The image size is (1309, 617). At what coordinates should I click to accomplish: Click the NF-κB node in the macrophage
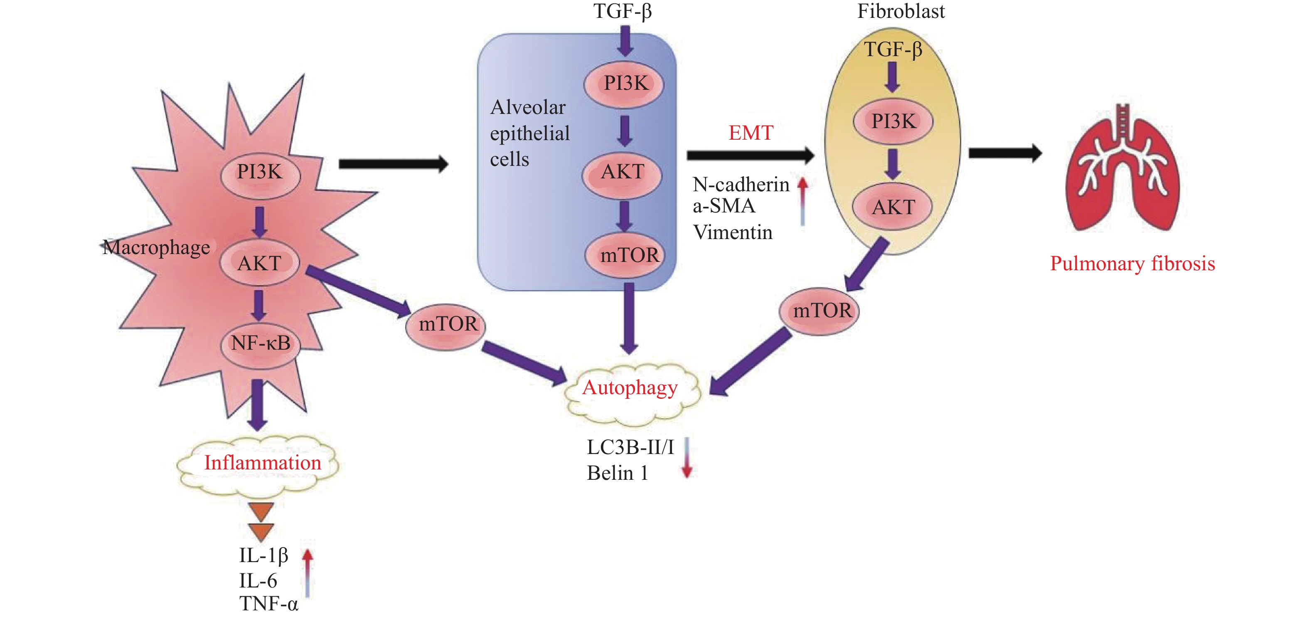(x=261, y=343)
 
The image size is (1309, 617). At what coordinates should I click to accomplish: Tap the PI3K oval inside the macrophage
(x=260, y=172)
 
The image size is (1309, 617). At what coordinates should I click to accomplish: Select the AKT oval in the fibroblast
(x=893, y=207)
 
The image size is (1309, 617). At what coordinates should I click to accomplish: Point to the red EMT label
(x=750, y=133)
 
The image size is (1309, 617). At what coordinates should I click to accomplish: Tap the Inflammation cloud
(x=262, y=464)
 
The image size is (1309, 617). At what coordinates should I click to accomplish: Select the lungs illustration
(x=1122, y=168)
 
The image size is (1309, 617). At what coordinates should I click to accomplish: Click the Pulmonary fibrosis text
(x=1132, y=264)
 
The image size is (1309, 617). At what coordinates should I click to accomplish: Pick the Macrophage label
(x=156, y=247)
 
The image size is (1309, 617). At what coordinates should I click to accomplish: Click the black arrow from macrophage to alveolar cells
(x=393, y=164)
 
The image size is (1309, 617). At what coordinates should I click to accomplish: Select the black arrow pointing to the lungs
(x=1005, y=153)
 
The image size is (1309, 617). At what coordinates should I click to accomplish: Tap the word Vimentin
(x=732, y=233)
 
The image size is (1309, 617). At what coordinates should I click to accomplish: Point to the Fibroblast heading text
(x=901, y=11)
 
